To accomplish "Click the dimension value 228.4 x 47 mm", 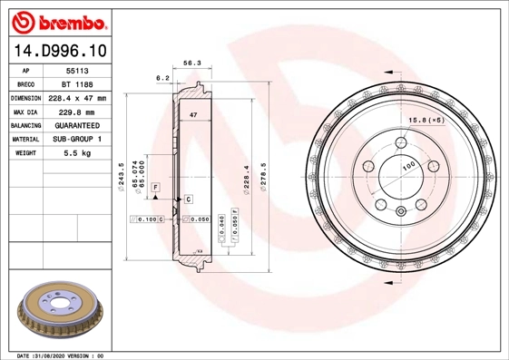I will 76,97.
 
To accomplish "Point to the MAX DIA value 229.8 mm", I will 76,112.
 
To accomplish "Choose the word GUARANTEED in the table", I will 76,125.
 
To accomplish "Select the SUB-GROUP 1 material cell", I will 76,140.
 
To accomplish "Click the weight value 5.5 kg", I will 76,154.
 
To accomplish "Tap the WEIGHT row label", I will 25,154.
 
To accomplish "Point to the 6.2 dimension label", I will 163,78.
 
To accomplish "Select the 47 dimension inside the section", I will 193,115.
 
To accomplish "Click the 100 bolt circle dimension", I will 408,166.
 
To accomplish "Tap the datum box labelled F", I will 156,186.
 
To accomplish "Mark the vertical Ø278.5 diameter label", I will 263,174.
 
